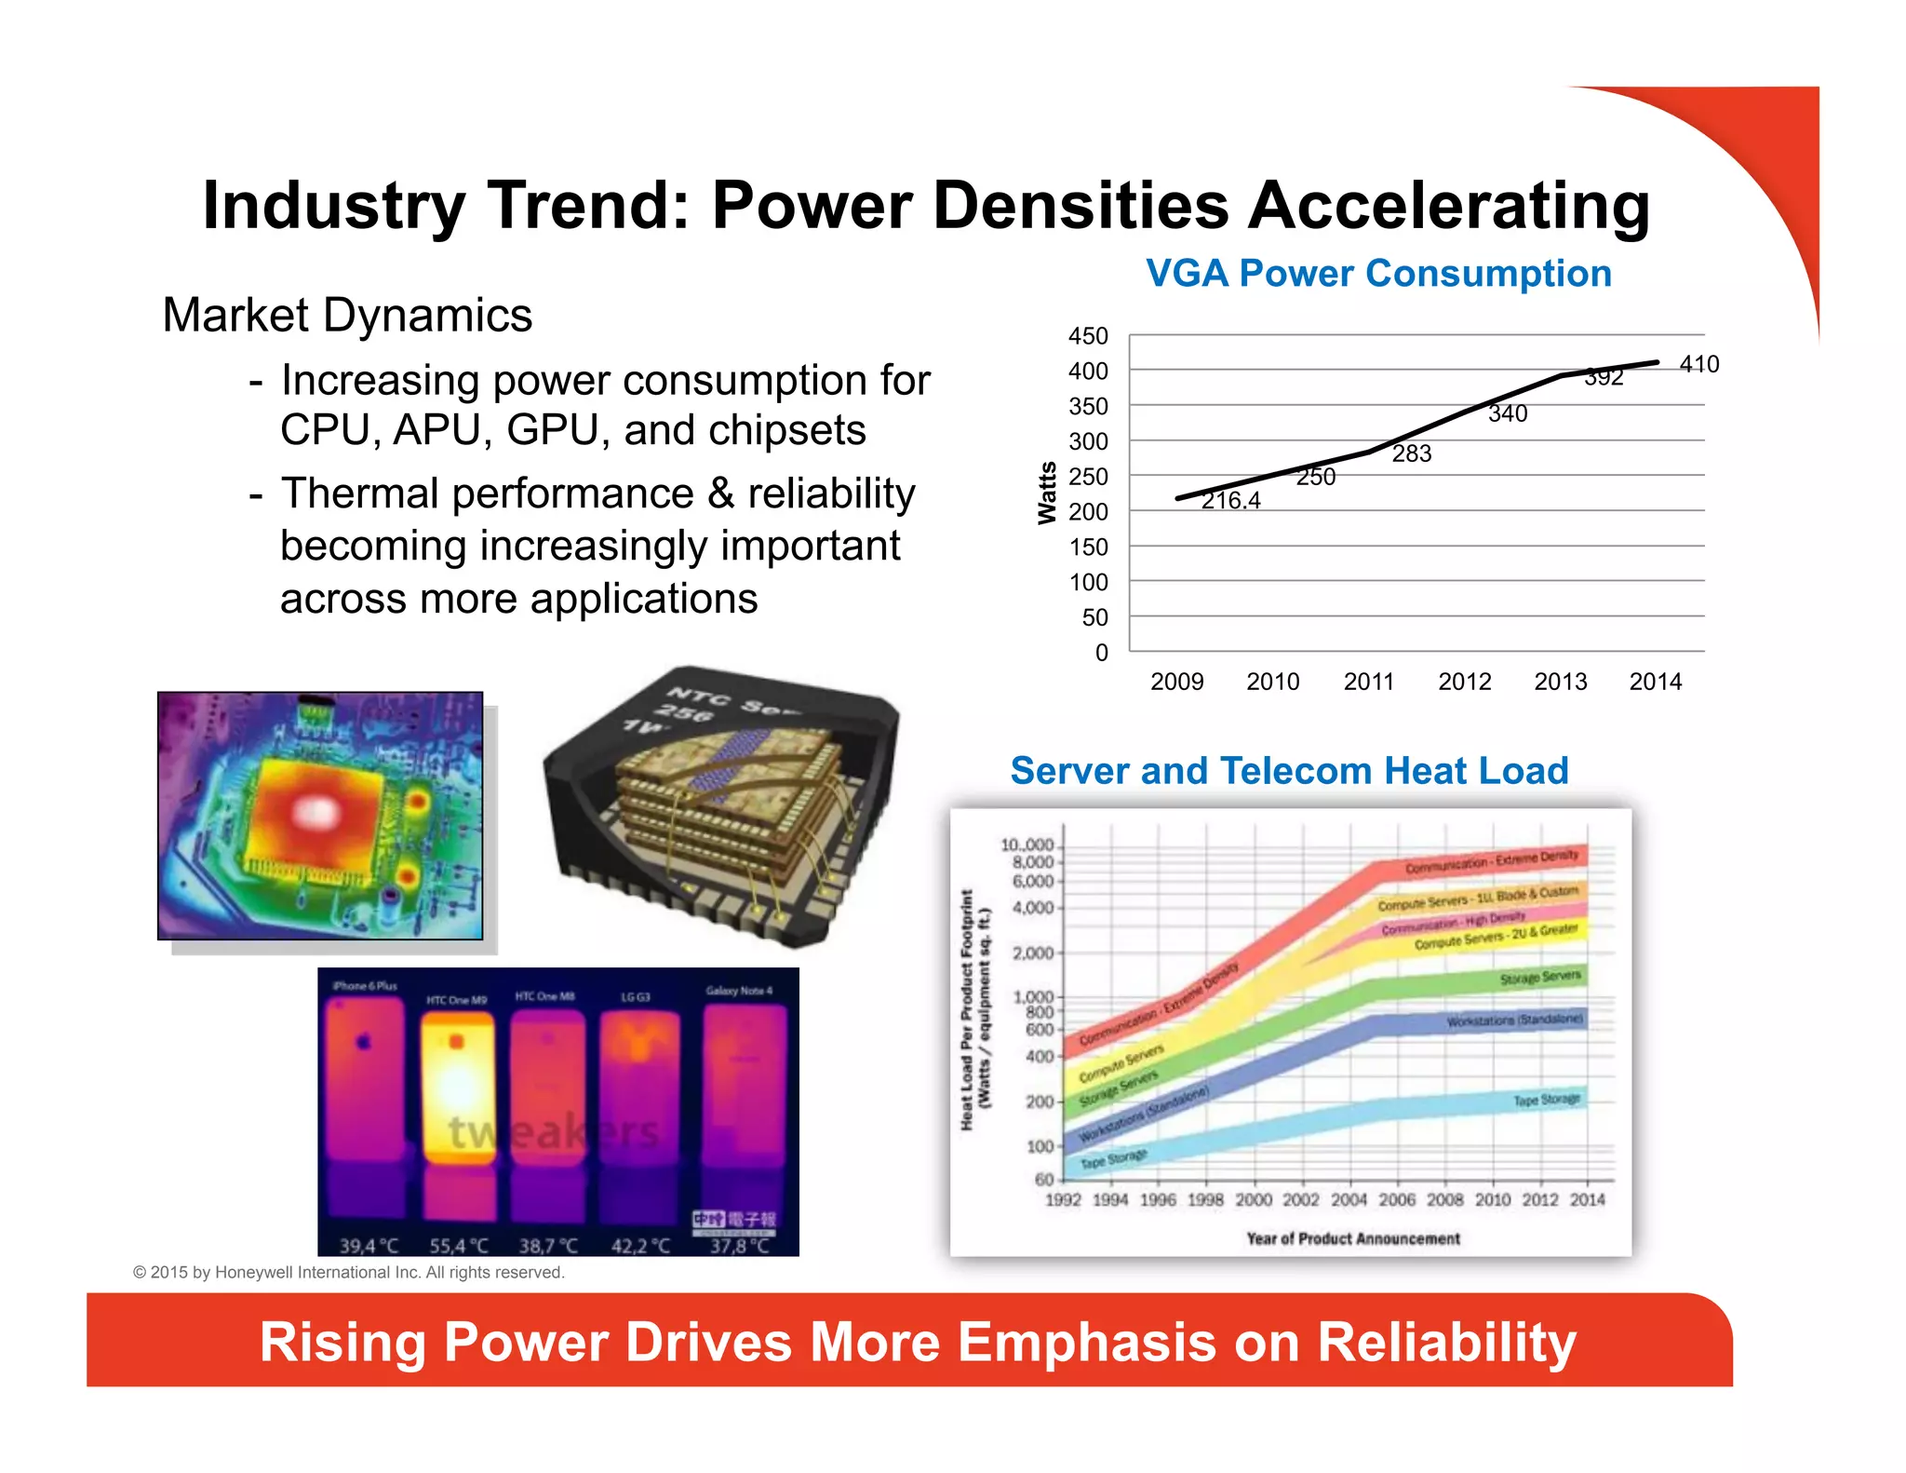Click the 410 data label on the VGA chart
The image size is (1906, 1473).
tap(1698, 364)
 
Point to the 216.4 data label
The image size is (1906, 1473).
tap(1230, 501)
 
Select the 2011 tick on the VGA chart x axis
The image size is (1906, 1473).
tap(1368, 682)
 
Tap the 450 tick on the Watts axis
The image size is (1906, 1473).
tap(1088, 336)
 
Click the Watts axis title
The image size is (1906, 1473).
tap(1047, 493)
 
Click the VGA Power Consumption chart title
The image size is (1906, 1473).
tap(1378, 274)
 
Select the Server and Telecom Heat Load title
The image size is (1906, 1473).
tap(1289, 771)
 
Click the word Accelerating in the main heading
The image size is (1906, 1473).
tap(1448, 206)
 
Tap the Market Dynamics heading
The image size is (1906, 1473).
tap(347, 316)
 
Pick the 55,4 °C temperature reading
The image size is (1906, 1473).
tap(458, 1245)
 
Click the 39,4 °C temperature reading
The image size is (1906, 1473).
tap(369, 1245)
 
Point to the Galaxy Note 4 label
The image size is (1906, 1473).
tap(739, 991)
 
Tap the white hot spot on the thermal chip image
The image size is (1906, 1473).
tap(316, 812)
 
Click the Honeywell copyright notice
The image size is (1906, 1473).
tap(349, 1272)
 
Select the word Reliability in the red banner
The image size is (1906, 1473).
tap(1446, 1342)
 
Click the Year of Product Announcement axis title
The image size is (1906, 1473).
tap(1353, 1238)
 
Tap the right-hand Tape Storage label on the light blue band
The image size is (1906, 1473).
tap(1546, 1100)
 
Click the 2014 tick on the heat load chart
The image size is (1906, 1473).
tap(1587, 1200)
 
